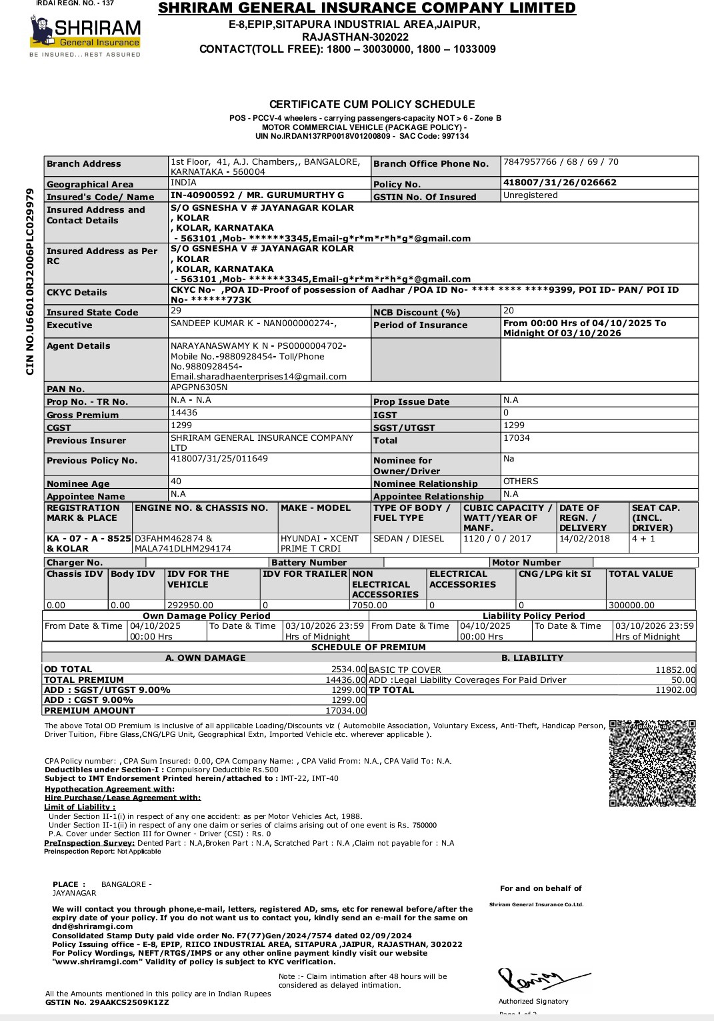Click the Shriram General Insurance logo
tap(85, 35)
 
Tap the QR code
tap(653, 763)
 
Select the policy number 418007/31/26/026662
tap(559, 183)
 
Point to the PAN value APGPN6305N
tap(199, 387)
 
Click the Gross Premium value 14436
tap(184, 413)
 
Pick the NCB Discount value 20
tap(509, 311)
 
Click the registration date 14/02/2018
tap(584, 539)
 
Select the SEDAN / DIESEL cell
tap(408, 539)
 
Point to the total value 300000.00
tap(631, 606)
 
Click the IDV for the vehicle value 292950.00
tap(190, 606)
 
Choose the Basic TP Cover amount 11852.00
tap(675, 670)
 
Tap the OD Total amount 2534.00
tap(349, 670)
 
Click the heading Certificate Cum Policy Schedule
tap(372, 105)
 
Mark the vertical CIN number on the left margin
tap(30, 281)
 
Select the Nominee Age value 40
tap(176, 481)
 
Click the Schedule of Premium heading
tap(368, 648)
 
